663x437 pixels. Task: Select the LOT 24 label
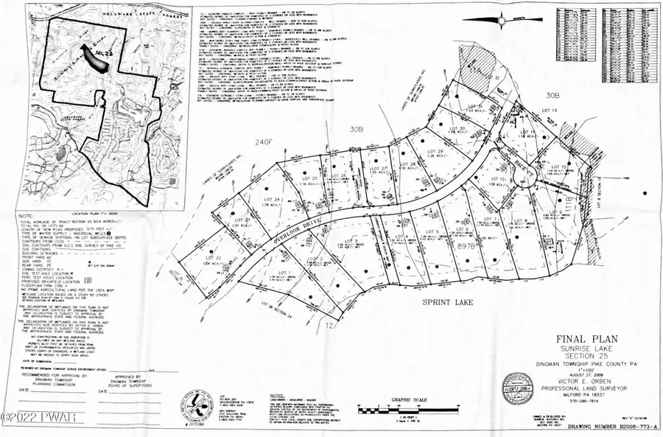tap(271, 200)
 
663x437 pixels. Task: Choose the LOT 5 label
tap(432, 232)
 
